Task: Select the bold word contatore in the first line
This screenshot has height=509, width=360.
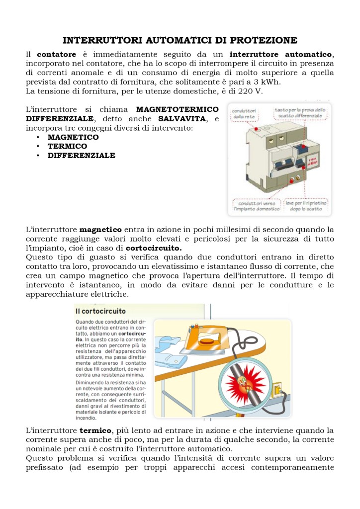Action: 57,54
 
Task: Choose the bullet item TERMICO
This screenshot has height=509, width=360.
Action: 67,146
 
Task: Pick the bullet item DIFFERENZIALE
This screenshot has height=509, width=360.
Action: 81,156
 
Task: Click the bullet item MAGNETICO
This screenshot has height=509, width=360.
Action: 73,137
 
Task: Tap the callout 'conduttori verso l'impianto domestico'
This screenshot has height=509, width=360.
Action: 257,206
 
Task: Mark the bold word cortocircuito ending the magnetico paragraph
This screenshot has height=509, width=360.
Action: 154,248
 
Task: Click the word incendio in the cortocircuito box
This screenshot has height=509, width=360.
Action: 86,418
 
